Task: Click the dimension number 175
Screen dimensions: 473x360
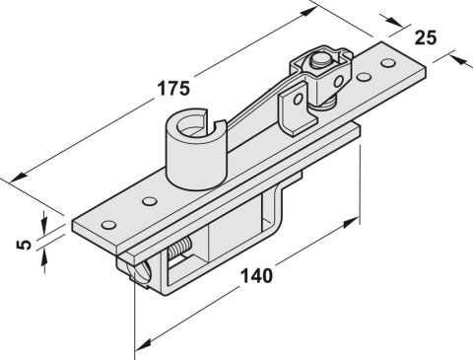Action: click(x=173, y=89)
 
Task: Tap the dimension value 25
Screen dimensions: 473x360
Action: click(x=426, y=37)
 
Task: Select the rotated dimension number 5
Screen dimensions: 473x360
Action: click(x=24, y=245)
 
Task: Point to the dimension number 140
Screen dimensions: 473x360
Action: click(x=257, y=275)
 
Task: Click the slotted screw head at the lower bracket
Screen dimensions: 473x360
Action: click(x=140, y=272)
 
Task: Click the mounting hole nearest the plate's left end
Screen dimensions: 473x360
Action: click(x=108, y=225)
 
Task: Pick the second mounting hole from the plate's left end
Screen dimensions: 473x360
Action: click(x=149, y=201)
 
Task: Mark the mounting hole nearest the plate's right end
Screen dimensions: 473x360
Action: click(x=388, y=62)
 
